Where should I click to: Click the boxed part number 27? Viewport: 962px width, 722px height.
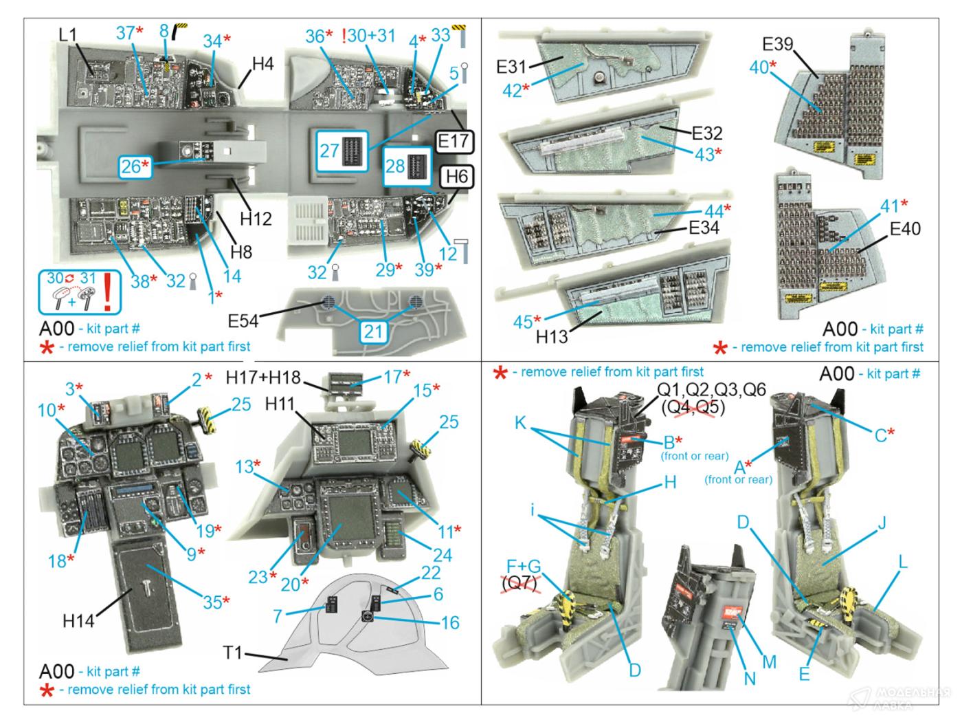click(x=329, y=151)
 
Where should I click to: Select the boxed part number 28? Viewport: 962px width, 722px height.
click(x=395, y=166)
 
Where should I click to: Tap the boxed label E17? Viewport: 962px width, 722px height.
click(x=454, y=142)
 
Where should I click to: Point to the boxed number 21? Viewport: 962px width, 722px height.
click(x=372, y=331)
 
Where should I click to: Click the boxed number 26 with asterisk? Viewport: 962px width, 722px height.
click(x=135, y=166)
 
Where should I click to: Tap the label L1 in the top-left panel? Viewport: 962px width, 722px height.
click(x=69, y=34)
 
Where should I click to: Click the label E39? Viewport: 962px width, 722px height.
click(x=778, y=45)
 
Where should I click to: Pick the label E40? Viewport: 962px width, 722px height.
click(x=904, y=228)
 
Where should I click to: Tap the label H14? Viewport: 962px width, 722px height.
click(x=78, y=620)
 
